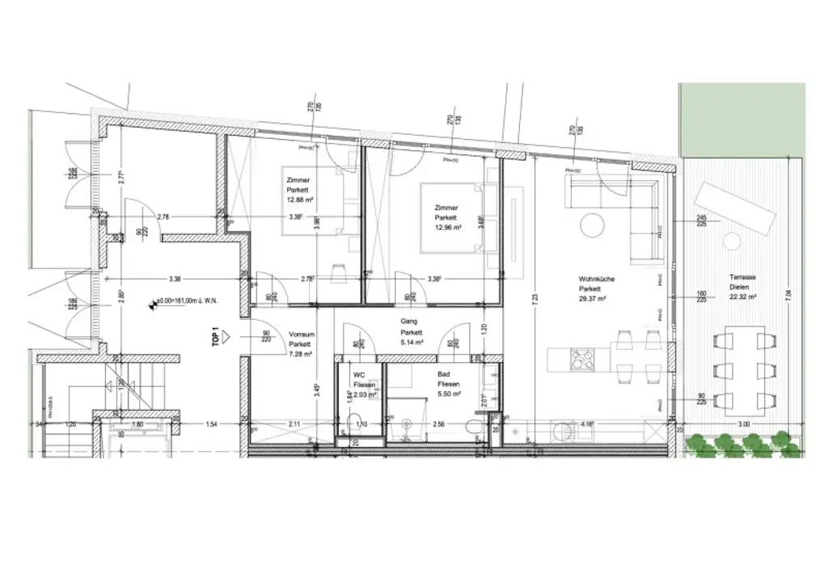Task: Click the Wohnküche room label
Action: click(x=597, y=279)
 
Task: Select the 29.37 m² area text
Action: click(x=597, y=297)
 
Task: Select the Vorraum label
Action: click(x=302, y=335)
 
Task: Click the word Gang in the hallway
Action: click(x=409, y=322)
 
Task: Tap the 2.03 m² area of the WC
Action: click(x=364, y=395)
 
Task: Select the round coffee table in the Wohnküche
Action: click(x=592, y=223)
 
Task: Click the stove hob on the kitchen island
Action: click(x=583, y=356)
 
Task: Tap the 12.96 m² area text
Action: click(x=447, y=228)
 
